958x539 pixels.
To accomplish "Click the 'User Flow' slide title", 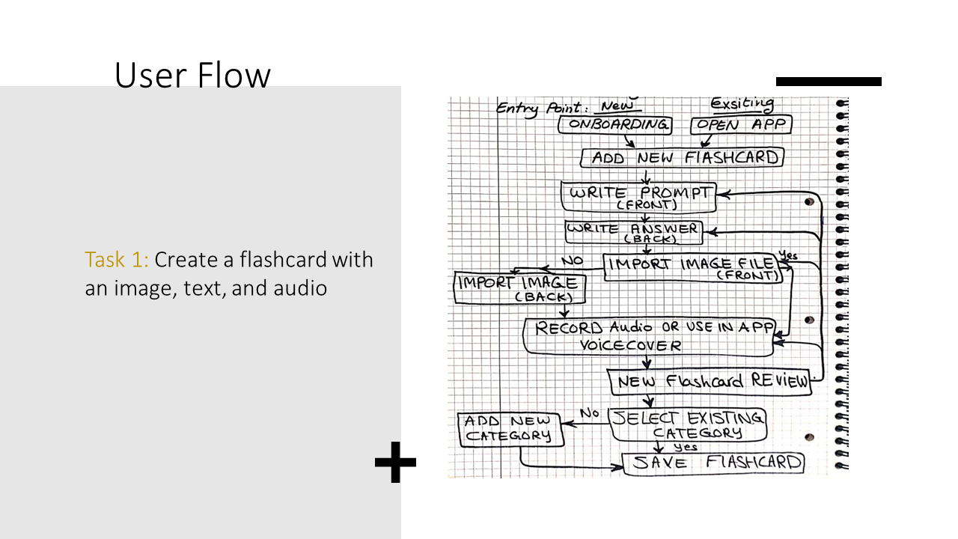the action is (x=192, y=75).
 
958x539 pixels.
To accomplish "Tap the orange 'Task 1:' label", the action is (x=116, y=260).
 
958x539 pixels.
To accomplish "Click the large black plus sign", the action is (x=395, y=462).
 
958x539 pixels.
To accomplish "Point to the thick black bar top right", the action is (x=829, y=82).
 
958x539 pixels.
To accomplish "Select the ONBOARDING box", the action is (x=615, y=125).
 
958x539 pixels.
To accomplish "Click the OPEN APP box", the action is (x=741, y=125).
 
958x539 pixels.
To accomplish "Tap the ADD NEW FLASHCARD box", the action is (x=682, y=157).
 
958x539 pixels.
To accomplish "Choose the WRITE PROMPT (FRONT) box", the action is (x=638, y=197).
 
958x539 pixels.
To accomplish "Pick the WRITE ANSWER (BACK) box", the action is (x=634, y=232).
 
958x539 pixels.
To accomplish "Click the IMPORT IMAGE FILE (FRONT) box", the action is (x=693, y=268).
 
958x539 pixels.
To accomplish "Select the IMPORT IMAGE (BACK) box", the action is (x=519, y=287).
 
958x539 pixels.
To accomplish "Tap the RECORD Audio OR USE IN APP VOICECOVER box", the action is (x=649, y=337).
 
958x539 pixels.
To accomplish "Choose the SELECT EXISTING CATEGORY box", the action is (x=688, y=424).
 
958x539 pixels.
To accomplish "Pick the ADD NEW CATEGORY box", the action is (x=510, y=430).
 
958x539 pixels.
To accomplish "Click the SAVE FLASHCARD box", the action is (x=713, y=463).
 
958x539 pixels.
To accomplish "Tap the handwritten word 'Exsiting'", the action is (x=742, y=103).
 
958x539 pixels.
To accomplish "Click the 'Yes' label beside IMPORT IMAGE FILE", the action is (x=788, y=255).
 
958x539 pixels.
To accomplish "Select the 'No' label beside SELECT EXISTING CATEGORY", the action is (x=589, y=412).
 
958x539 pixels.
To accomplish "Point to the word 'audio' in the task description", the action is (x=300, y=288).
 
